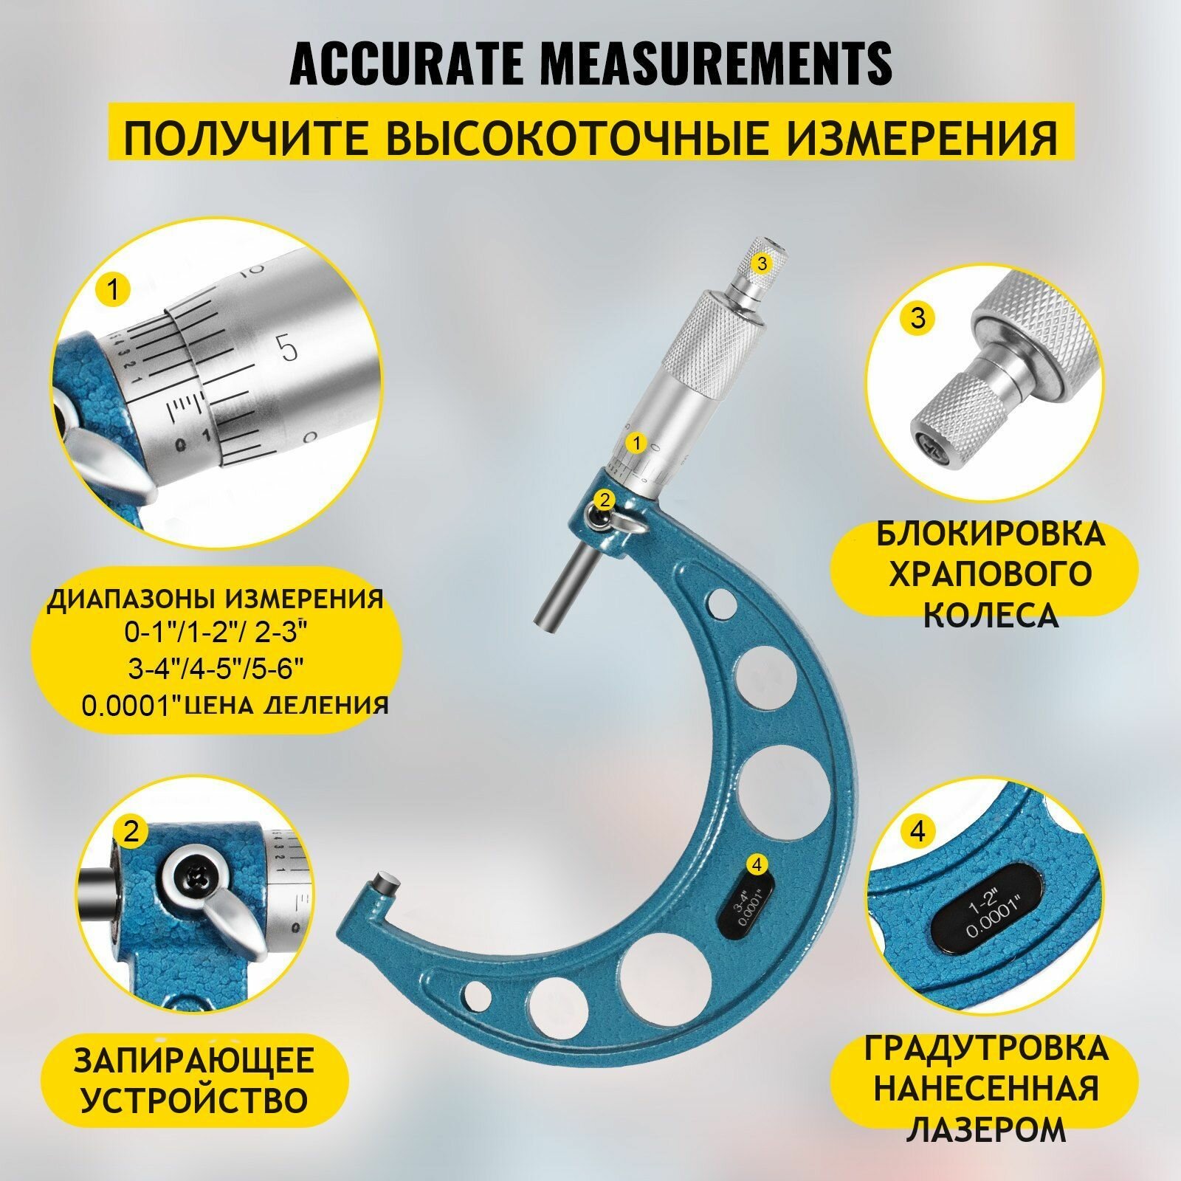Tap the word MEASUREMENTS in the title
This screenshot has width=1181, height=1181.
point(716,64)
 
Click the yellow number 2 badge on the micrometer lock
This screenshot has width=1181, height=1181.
point(605,499)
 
